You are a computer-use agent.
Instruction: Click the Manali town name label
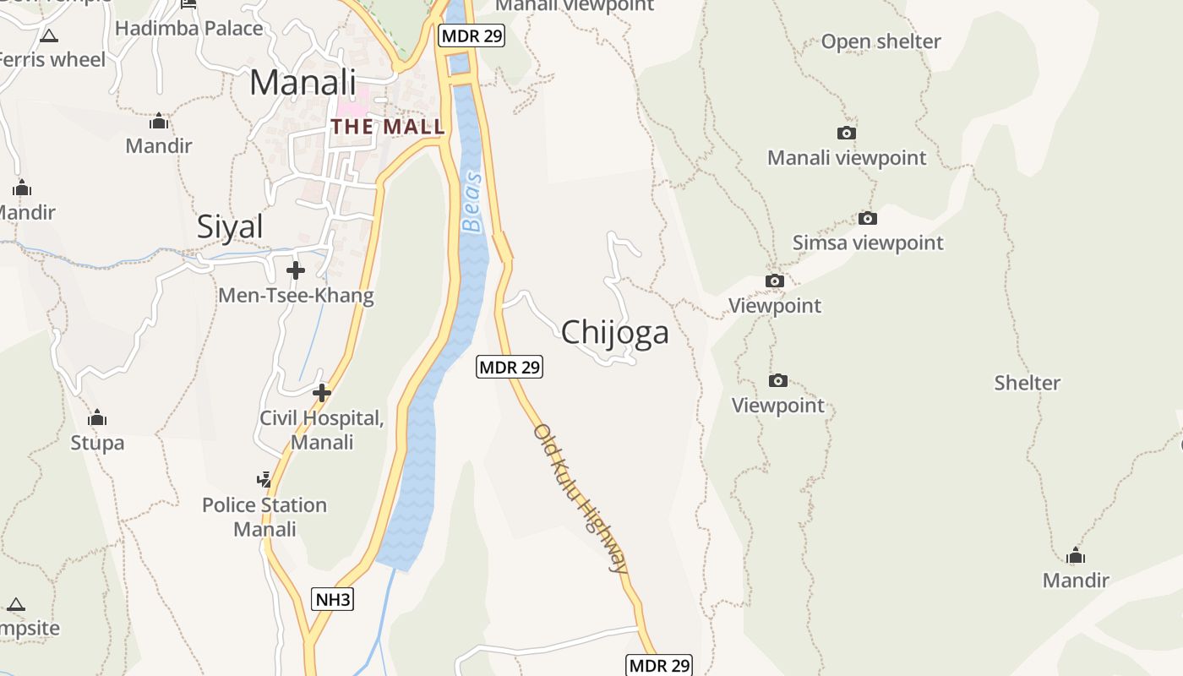pyautogui.click(x=303, y=83)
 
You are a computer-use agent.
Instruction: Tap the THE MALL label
pyautogui.click(x=388, y=127)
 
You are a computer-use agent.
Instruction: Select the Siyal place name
pyautogui.click(x=230, y=226)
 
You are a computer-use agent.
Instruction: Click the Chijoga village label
pyautogui.click(x=615, y=332)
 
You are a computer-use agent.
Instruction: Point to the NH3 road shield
pyautogui.click(x=332, y=600)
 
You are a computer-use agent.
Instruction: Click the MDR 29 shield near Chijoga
pyautogui.click(x=509, y=367)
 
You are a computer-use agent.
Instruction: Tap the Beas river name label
pyautogui.click(x=472, y=202)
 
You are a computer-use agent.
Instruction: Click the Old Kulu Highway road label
pyautogui.click(x=582, y=499)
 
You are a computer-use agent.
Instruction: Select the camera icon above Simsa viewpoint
pyautogui.click(x=867, y=219)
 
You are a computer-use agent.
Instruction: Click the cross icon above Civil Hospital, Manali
pyautogui.click(x=321, y=393)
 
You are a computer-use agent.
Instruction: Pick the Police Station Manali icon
pyautogui.click(x=264, y=480)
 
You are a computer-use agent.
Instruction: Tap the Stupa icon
pyautogui.click(x=97, y=418)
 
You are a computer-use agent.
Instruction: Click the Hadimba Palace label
pyautogui.click(x=189, y=28)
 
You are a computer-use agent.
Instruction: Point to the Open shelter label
pyautogui.click(x=880, y=41)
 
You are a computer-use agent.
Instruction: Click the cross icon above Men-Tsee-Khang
pyautogui.click(x=296, y=270)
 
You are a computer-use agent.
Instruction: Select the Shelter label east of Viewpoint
pyautogui.click(x=1027, y=383)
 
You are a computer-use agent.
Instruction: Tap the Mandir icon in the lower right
pyautogui.click(x=1075, y=556)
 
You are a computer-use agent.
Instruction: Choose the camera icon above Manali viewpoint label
pyautogui.click(x=846, y=134)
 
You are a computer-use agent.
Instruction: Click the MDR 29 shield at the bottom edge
pyautogui.click(x=659, y=665)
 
